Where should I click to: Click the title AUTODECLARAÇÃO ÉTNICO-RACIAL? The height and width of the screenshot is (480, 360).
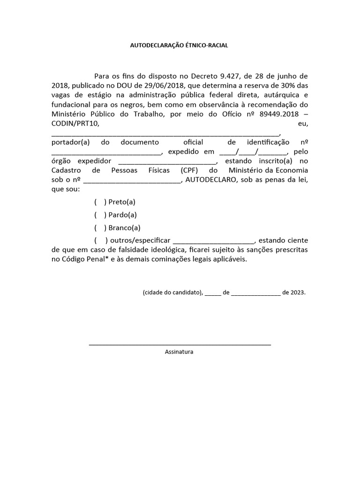pos(180,45)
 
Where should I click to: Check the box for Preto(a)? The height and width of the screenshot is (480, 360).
pos(99,202)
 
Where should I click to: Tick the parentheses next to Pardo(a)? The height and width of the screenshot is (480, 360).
pos(99,215)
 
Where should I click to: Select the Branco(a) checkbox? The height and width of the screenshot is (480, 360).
pos(99,228)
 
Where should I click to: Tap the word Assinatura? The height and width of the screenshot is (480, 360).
pos(179,352)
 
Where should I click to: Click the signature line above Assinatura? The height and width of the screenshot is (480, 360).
pos(180,345)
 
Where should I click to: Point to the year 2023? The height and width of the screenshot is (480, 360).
pos(297,292)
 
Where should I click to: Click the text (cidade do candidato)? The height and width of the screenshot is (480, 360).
pos(172,292)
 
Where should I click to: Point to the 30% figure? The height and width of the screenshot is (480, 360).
pos(282,85)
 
